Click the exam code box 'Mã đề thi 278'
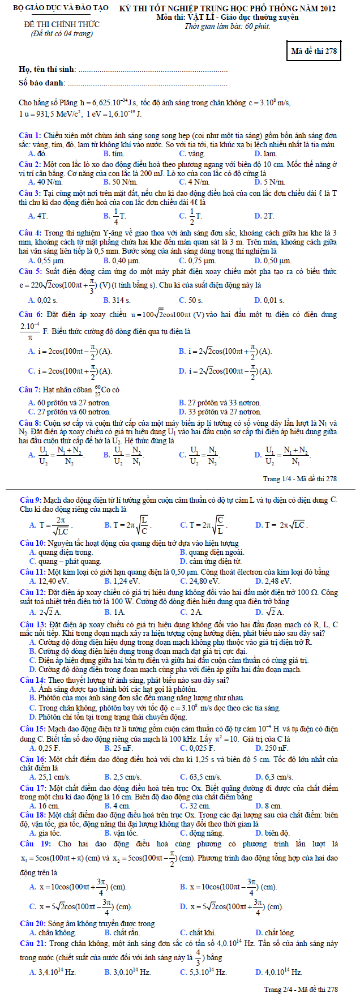click(314, 51)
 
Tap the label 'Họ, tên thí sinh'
click(48, 69)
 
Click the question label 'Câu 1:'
click(30, 136)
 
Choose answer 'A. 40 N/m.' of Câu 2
click(45, 182)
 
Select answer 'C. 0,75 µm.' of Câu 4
click(197, 260)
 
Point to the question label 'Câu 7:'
click(30, 390)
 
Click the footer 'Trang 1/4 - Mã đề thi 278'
click(300, 478)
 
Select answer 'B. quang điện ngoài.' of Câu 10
click(212, 552)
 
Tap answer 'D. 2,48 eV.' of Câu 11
click(273, 581)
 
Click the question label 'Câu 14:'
click(32, 680)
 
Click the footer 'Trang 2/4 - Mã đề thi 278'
click(301, 989)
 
